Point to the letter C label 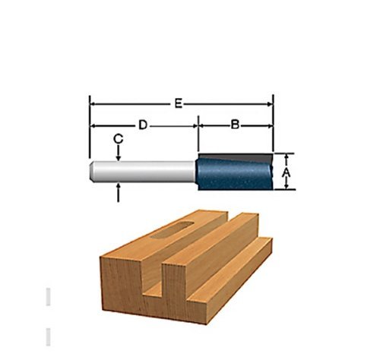pos(119,138)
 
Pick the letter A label pos(287,173)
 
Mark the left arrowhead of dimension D pos(93,124)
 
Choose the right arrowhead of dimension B pos(270,124)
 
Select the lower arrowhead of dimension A pos(287,188)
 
